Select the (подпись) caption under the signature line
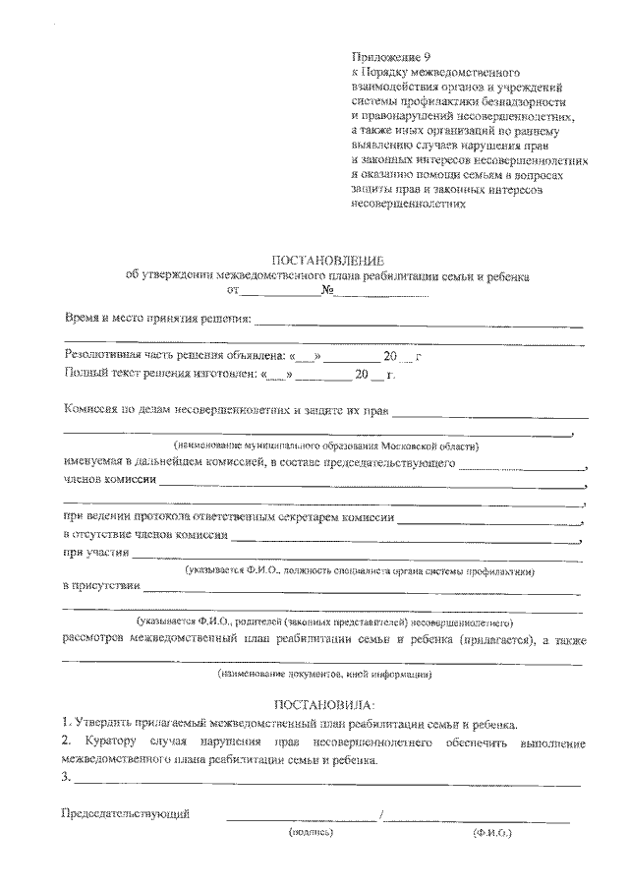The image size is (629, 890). click(312, 833)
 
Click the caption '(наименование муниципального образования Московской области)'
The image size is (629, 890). click(326, 445)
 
